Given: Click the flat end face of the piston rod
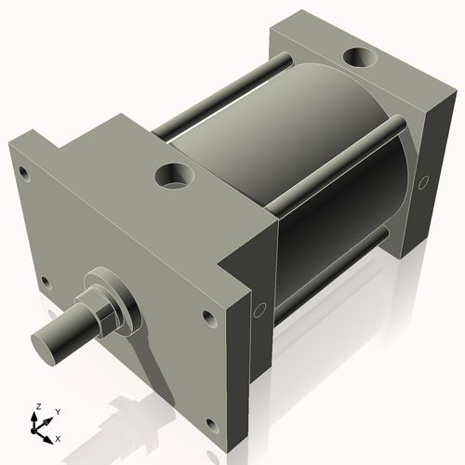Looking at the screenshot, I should (x=46, y=347).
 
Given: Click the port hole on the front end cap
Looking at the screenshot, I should (x=173, y=175).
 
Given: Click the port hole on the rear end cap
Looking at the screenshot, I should (x=358, y=60).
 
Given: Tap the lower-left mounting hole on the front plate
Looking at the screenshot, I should (x=43, y=281).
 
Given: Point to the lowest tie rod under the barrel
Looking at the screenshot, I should (x=325, y=270).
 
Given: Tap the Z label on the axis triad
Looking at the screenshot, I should (x=36, y=406).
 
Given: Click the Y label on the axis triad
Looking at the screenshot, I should (x=57, y=410).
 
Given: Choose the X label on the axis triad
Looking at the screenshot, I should (x=59, y=437).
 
